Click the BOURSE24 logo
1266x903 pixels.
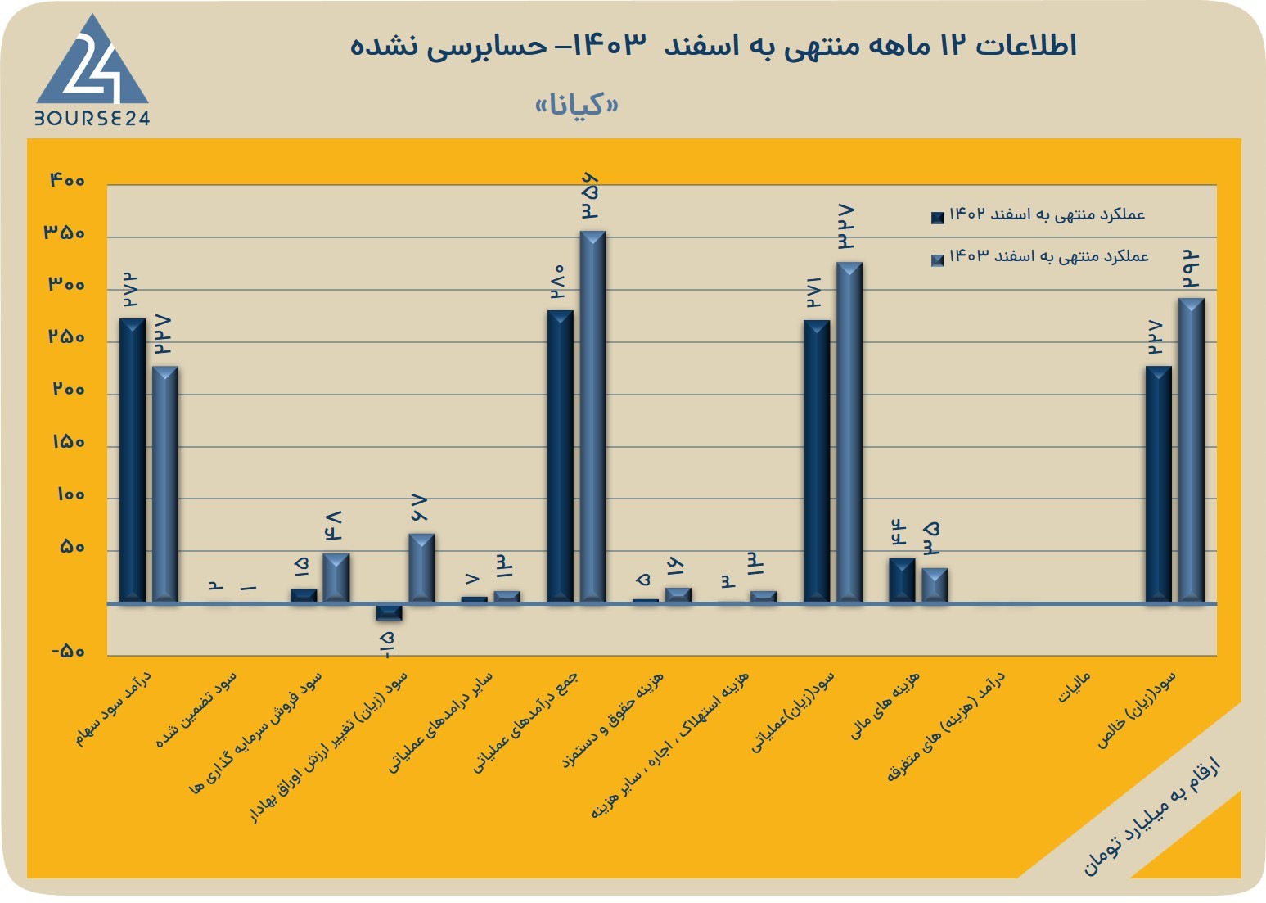(x=92, y=70)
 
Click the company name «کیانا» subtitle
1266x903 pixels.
(x=576, y=105)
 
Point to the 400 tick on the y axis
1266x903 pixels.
(x=67, y=180)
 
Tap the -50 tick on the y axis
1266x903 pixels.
(x=69, y=652)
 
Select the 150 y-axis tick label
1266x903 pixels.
(x=69, y=442)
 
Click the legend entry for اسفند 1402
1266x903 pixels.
(x=1038, y=214)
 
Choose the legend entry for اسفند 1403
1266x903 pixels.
(x=1040, y=257)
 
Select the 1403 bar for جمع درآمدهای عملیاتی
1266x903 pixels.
(x=592, y=417)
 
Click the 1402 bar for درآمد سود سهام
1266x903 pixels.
(x=133, y=461)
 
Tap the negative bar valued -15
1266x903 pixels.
(x=389, y=612)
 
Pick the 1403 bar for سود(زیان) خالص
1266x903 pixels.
(x=1192, y=450)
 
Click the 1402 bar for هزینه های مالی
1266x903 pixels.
(x=902, y=580)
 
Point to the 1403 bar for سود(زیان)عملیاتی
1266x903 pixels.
(x=849, y=432)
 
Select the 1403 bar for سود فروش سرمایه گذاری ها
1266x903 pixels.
(x=336, y=579)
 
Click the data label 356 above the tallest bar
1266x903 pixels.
(x=590, y=196)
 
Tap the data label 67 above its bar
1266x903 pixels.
(x=419, y=508)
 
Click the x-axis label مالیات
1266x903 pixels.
(x=1074, y=687)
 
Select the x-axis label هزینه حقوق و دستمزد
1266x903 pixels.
(x=613, y=720)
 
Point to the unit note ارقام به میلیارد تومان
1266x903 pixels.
(x=1151, y=816)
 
